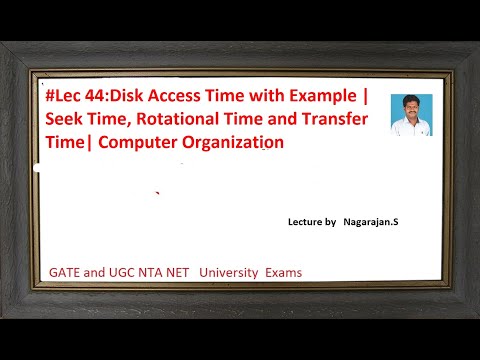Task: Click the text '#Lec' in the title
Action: (65, 98)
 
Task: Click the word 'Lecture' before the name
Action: (296, 224)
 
